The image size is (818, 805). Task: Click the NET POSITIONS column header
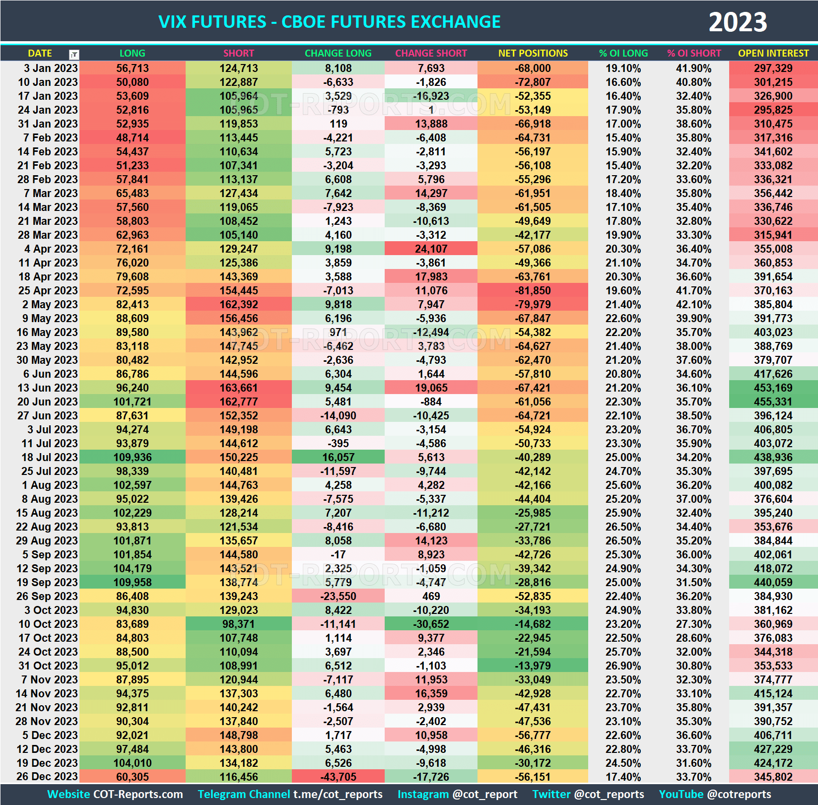(533, 53)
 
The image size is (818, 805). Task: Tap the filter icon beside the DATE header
(74, 54)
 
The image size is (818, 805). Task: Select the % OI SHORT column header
(693, 53)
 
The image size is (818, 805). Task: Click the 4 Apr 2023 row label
(51, 249)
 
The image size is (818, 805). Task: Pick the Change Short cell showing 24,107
(431, 249)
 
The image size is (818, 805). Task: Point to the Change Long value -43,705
(338, 777)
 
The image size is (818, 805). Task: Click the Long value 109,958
(133, 582)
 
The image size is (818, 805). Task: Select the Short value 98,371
(239, 624)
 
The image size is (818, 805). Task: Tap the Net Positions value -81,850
(533, 290)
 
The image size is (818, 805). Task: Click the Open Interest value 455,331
(773, 402)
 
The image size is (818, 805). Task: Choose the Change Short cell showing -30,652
(431, 624)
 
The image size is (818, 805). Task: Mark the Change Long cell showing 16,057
(338, 457)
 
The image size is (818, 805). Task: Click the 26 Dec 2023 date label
(47, 777)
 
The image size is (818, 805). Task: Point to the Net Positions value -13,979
(533, 666)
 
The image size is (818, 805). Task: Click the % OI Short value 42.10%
(693, 304)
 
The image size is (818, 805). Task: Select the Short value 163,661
(239, 388)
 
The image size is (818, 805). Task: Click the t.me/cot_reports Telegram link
(338, 794)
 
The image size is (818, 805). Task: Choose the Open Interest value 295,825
(773, 110)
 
